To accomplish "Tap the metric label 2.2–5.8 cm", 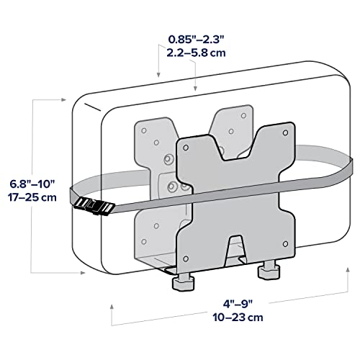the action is [197, 53].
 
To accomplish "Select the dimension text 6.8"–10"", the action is [32, 184].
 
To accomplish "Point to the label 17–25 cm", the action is [32, 197].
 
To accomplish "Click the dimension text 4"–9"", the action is [238, 304].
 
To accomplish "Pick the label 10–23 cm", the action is [238, 318].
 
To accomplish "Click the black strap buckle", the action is [94, 207].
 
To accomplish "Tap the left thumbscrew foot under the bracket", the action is [183, 283].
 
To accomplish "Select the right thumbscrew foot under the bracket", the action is [269, 271].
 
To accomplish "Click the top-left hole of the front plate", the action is [186, 148].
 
